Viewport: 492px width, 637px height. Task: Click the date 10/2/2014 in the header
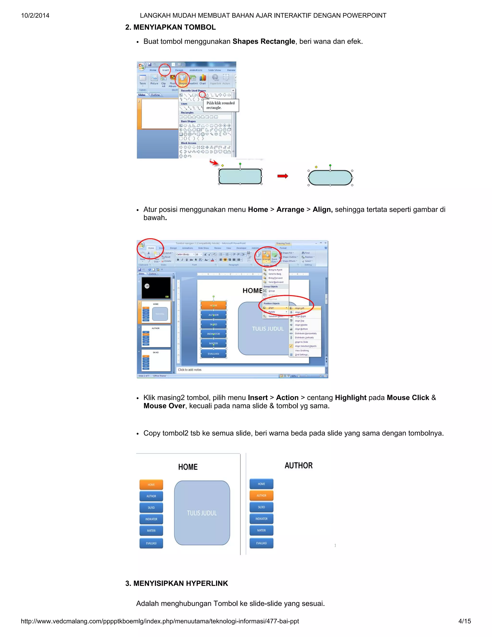(x=35, y=15)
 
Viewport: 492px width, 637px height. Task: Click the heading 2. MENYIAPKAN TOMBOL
(x=170, y=27)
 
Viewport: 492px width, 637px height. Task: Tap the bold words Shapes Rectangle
(x=264, y=41)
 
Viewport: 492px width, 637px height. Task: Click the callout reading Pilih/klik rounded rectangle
(x=220, y=105)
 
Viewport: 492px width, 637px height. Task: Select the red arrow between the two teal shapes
(x=283, y=176)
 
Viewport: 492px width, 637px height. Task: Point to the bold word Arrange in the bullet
(x=290, y=209)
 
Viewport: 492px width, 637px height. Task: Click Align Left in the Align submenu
(x=299, y=308)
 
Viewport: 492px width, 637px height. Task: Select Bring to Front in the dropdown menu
(x=275, y=270)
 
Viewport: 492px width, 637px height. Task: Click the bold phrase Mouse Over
(x=164, y=406)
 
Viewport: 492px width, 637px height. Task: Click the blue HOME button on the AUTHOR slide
(x=261, y=484)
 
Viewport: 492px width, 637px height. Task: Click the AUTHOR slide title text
(x=298, y=466)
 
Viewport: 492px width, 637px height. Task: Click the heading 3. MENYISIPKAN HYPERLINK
(x=176, y=583)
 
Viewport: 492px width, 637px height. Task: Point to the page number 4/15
(x=464, y=621)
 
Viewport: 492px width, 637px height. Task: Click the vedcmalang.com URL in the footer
(x=160, y=621)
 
